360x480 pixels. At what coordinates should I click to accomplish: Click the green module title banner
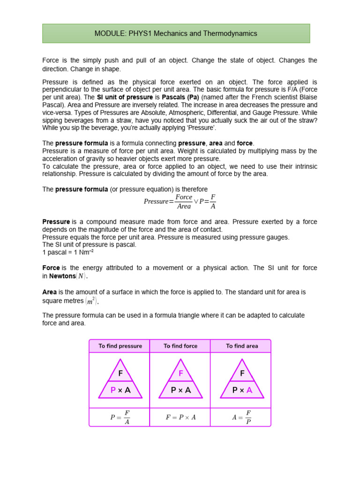(176, 34)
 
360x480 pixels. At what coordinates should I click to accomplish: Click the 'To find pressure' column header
(120, 346)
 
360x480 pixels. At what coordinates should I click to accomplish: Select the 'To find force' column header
(180, 346)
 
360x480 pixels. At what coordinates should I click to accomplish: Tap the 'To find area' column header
(242, 346)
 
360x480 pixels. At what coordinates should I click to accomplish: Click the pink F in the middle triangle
(181, 374)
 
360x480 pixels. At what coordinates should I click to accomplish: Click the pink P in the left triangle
(113, 390)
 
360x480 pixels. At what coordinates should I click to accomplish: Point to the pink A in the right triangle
(249, 390)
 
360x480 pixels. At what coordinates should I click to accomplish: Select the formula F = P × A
(180, 417)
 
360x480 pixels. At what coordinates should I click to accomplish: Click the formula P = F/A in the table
(120, 417)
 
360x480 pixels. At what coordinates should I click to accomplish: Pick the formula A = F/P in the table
(242, 417)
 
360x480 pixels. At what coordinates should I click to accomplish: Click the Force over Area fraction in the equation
(184, 202)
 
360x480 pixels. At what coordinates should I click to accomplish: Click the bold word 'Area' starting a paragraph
(50, 292)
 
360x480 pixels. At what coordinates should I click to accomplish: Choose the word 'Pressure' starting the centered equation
(156, 202)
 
